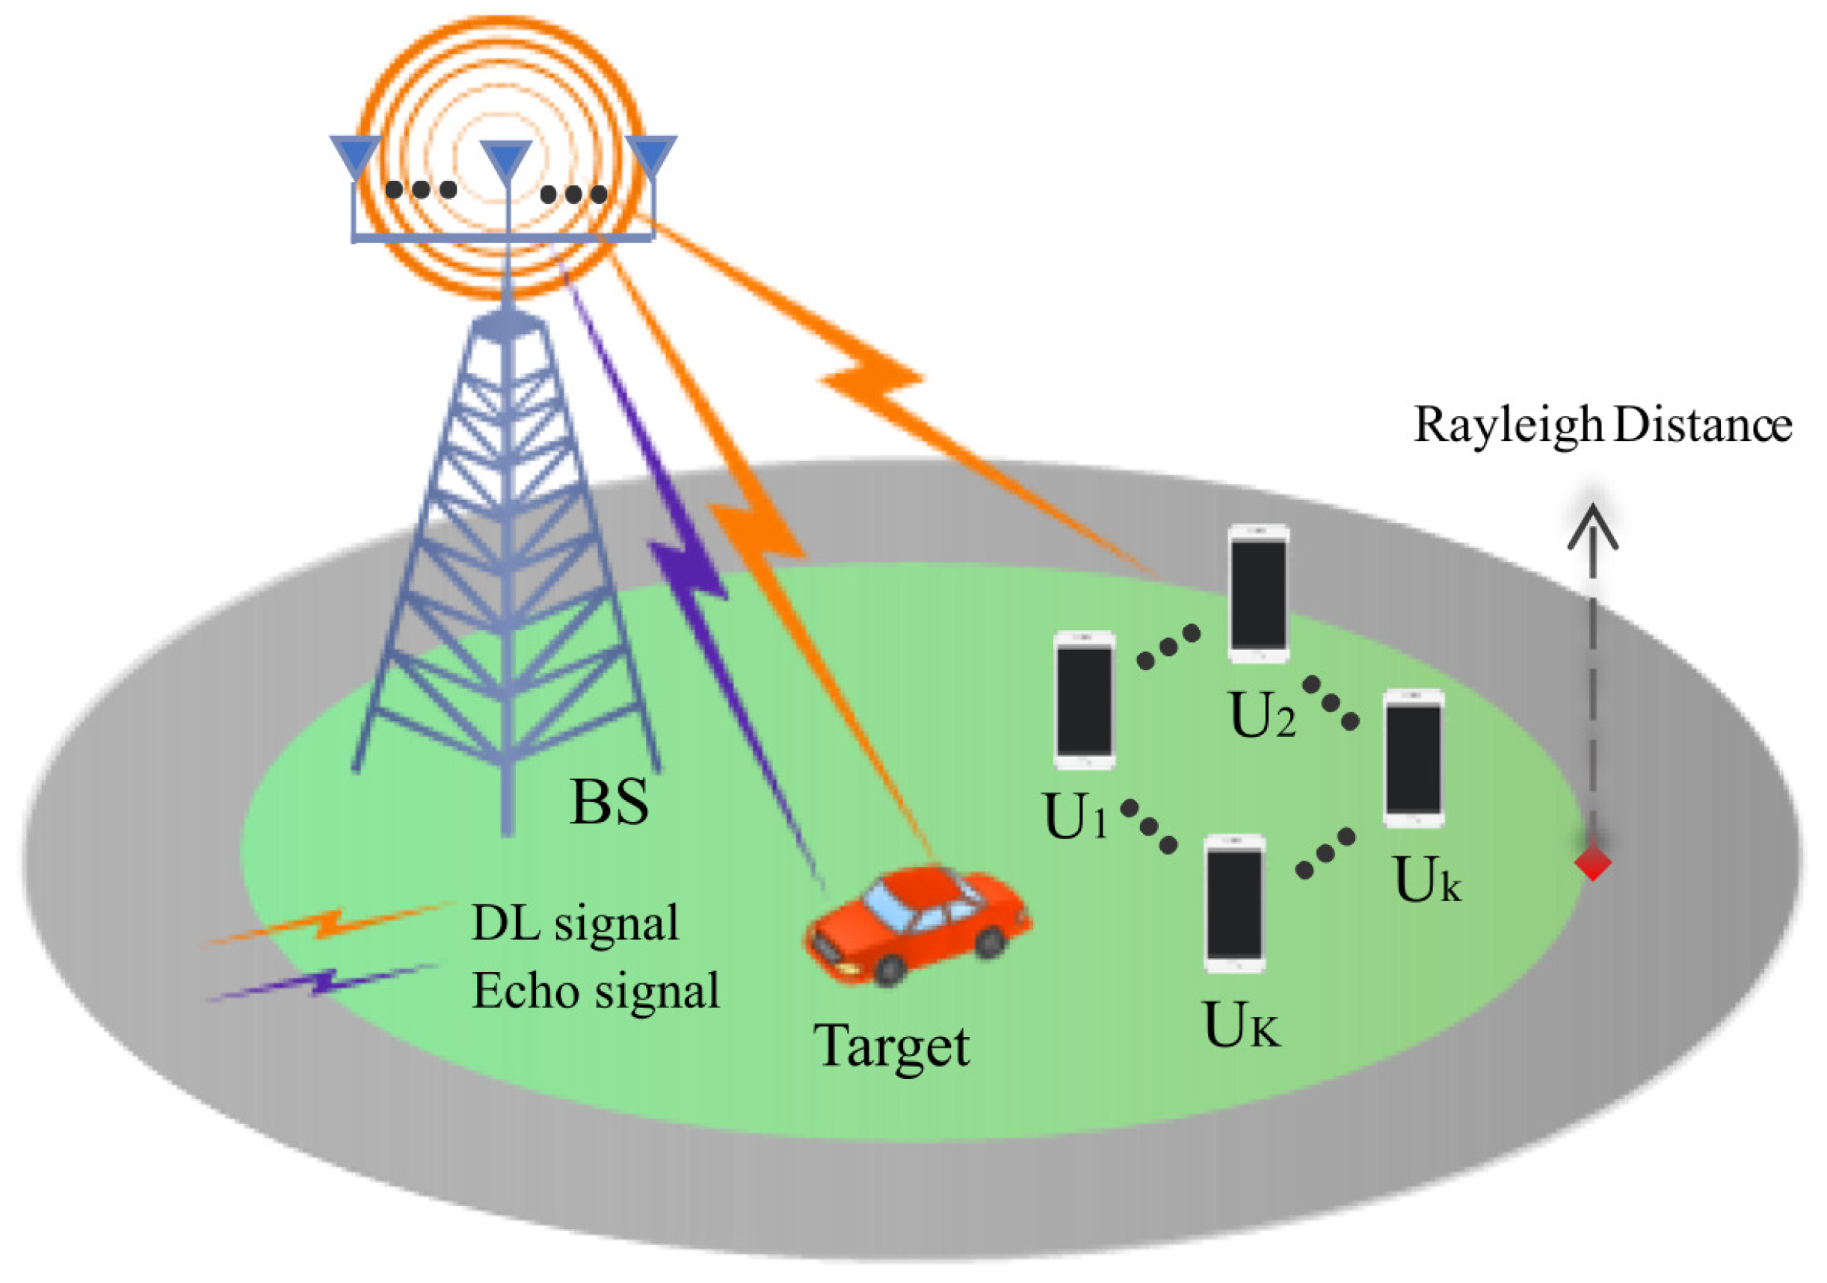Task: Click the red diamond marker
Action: coord(1593,862)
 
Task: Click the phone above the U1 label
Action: coord(1084,700)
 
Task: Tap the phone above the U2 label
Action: coord(1258,593)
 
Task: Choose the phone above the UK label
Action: coord(1234,903)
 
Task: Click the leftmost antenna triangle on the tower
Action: coord(356,156)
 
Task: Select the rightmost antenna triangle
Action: coord(651,156)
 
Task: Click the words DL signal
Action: coord(575,924)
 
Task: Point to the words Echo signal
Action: coord(595,991)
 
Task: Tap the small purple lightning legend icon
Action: coord(322,983)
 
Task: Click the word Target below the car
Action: coord(891,1045)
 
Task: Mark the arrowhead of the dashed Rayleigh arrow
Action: coord(1593,525)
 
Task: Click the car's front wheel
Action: coord(889,970)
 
